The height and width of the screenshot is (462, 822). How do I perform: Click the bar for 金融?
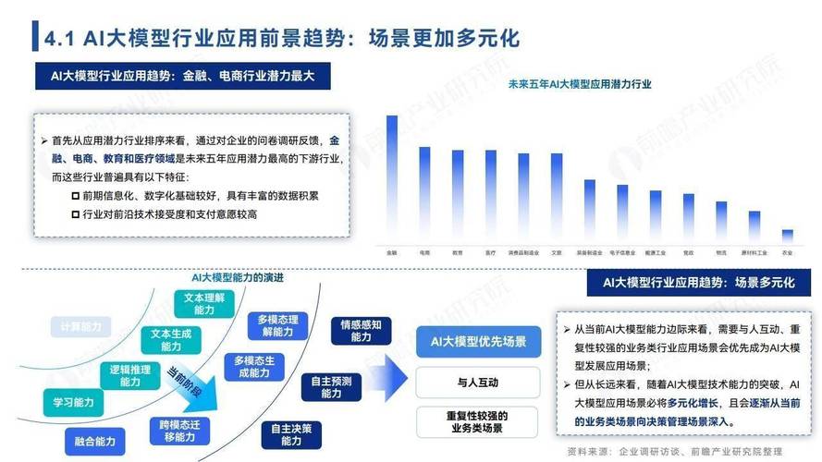tap(392, 179)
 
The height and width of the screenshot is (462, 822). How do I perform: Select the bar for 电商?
tap(424, 195)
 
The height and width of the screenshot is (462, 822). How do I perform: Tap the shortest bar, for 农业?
tap(788, 237)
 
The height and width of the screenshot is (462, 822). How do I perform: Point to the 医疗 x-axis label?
tap(491, 251)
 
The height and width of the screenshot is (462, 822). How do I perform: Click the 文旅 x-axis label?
tap(557, 251)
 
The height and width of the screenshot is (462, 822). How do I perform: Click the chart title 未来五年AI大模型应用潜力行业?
tap(580, 84)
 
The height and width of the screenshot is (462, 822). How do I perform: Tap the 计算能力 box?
tap(80, 327)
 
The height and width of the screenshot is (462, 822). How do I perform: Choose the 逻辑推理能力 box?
tap(128, 374)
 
